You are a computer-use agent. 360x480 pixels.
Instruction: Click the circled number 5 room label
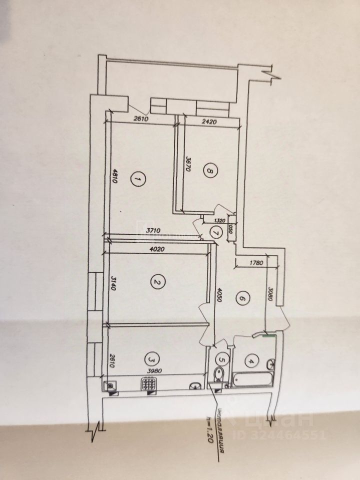222,358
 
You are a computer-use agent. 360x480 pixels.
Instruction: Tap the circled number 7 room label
216,232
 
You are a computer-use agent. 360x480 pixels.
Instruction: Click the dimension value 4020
157,248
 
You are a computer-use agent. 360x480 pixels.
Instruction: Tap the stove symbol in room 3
148,383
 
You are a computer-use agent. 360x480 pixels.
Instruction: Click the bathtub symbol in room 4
253,380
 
